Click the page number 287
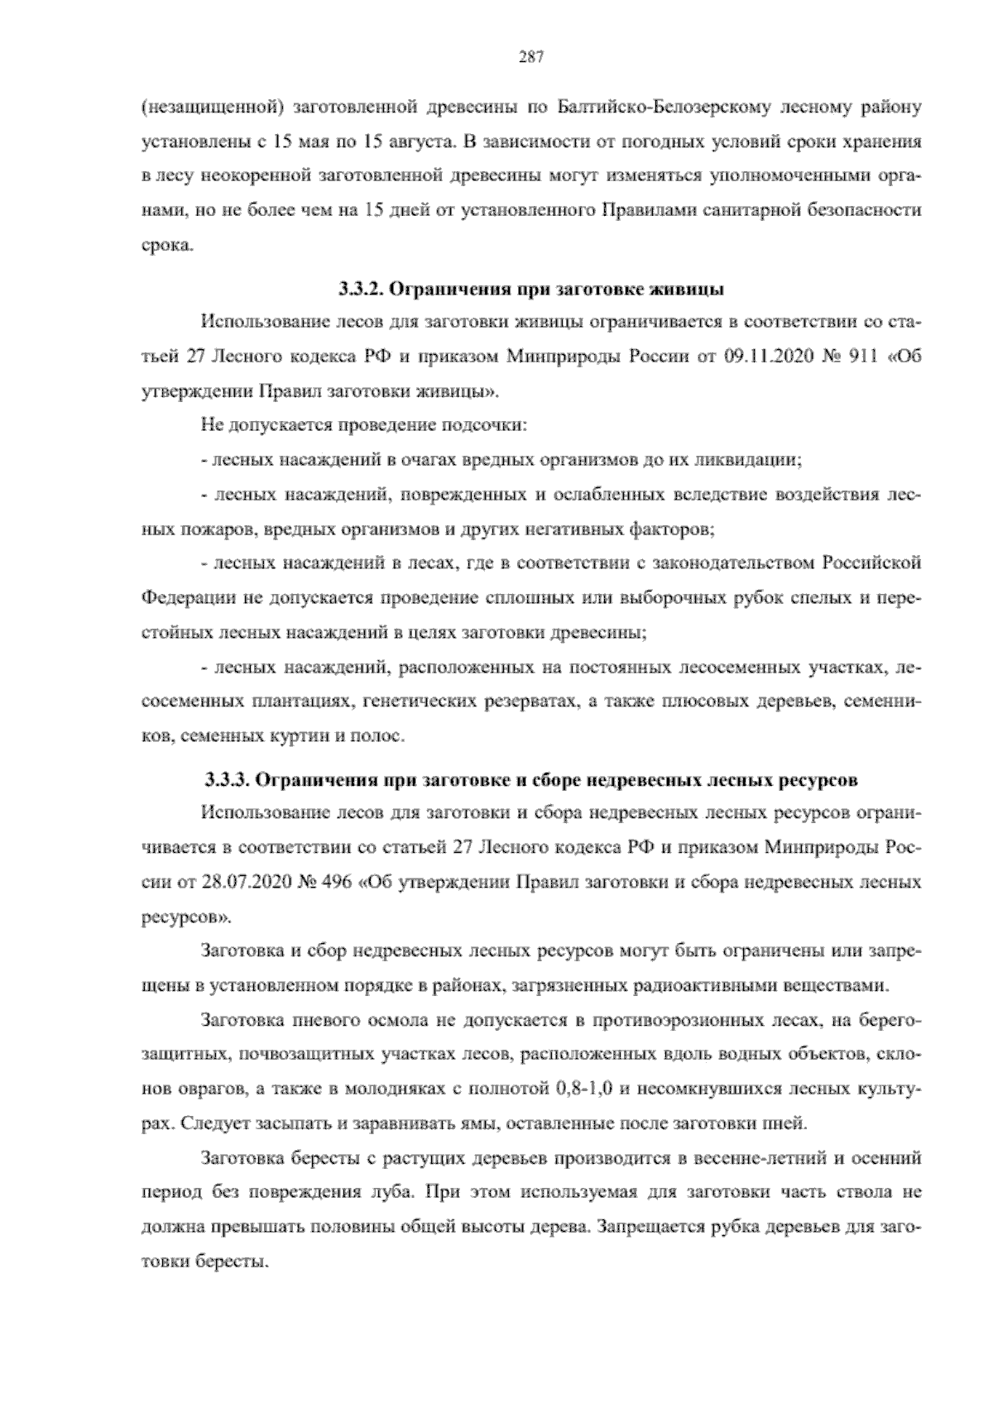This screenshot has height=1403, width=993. [530, 56]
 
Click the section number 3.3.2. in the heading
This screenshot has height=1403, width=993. [358, 290]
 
